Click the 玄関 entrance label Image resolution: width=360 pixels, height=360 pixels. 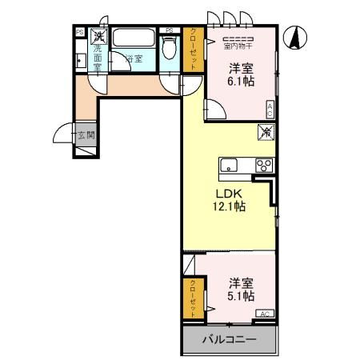pos(86,135)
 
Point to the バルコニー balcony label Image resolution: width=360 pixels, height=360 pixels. pos(230,340)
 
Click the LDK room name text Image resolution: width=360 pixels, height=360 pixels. pos(228,192)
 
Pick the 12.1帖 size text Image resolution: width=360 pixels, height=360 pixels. pos(229,206)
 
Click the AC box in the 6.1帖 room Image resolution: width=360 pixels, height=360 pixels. pos(270,110)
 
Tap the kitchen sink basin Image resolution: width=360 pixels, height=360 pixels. pos(228,166)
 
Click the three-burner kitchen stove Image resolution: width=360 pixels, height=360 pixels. pos(263,165)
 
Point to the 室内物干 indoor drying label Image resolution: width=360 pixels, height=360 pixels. pos(238,46)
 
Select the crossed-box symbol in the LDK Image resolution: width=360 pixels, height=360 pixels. pos(266,133)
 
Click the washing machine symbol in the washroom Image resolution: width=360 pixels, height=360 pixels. pos(98,35)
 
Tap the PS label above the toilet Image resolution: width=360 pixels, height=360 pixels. pos(169,31)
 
